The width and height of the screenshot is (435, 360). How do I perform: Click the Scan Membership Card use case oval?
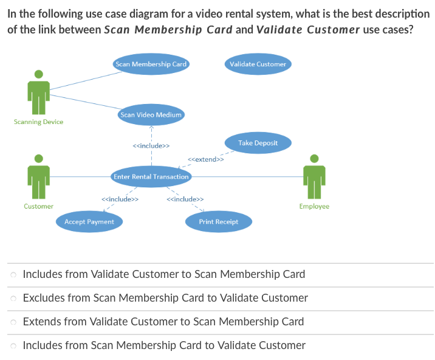click(151, 64)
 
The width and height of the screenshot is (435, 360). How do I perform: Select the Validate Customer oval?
click(258, 64)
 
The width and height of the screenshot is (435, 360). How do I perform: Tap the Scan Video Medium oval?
click(151, 114)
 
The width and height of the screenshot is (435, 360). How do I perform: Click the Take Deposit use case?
click(258, 143)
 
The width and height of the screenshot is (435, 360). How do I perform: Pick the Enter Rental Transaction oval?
click(151, 176)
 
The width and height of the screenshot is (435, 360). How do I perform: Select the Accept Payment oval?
click(89, 222)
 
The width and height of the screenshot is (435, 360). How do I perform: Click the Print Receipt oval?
click(218, 222)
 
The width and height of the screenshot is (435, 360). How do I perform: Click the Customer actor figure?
click(38, 176)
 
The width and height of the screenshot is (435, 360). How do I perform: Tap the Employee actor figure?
click(314, 176)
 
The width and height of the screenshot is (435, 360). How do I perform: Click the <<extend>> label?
click(206, 159)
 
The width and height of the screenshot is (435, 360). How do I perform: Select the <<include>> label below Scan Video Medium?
click(151, 146)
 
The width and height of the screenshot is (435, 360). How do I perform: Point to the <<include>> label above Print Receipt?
click(185, 199)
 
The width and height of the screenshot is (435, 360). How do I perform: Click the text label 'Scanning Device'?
click(38, 122)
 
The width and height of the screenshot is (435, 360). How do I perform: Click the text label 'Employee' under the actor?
click(314, 207)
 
